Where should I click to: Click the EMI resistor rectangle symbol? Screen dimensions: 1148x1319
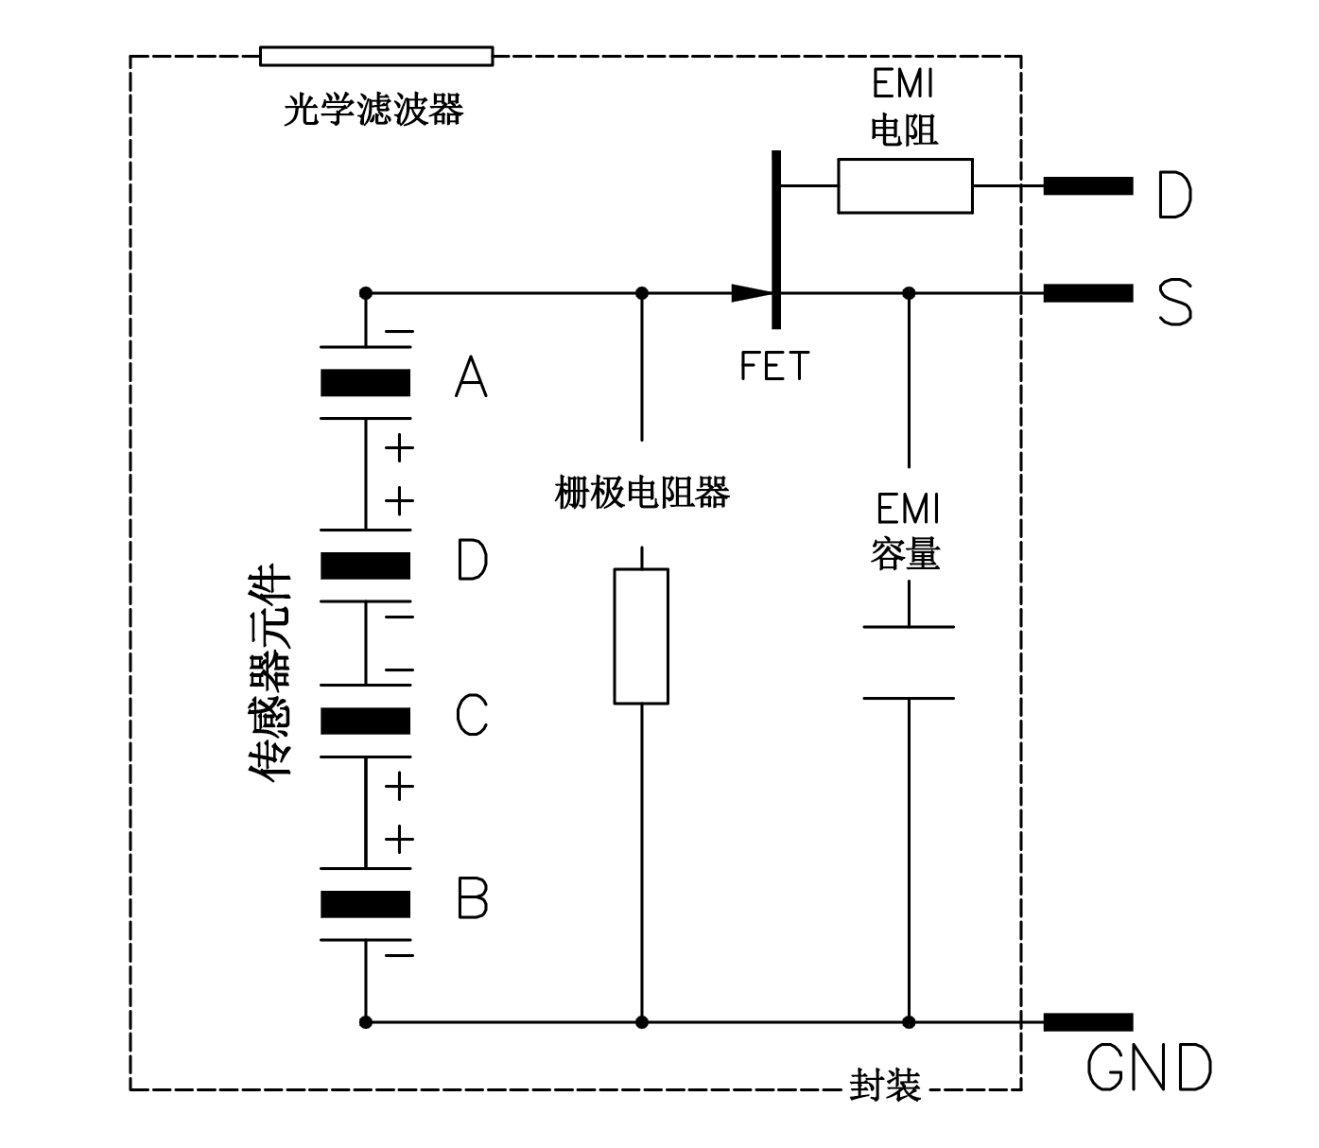pyautogui.click(x=905, y=186)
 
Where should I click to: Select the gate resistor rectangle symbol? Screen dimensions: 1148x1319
pyautogui.click(x=641, y=636)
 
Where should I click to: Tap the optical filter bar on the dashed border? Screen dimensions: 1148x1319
pyautogui.click(x=376, y=57)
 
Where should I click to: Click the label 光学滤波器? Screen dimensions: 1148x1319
pyautogui.click(x=373, y=111)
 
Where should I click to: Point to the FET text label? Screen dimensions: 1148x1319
pyautogui.click(x=774, y=367)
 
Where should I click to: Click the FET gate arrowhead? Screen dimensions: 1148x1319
pyautogui.click(x=751, y=293)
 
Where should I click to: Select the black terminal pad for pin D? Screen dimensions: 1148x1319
pyautogui.click(x=1087, y=186)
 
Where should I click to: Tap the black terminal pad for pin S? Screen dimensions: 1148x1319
pyautogui.click(x=1087, y=293)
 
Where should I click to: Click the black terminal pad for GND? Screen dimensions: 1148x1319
pyautogui.click(x=1087, y=1022)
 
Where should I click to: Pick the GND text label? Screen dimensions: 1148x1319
pyautogui.click(x=1149, y=1069)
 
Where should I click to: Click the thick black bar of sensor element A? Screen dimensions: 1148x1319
pyautogui.click(x=365, y=383)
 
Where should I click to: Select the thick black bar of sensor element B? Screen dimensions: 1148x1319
pyautogui.click(x=365, y=905)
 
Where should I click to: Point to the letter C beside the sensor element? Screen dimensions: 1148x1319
pyautogui.click(x=472, y=715)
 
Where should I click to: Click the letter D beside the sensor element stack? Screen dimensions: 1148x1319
pyautogui.click(x=472, y=560)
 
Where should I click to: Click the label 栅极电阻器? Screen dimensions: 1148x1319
pyautogui.click(x=642, y=493)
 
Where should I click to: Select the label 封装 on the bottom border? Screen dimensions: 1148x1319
pyautogui.click(x=885, y=1086)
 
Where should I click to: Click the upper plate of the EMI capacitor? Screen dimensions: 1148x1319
pyautogui.click(x=909, y=626)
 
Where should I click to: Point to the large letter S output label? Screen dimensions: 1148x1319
pyautogui.click(x=1175, y=303)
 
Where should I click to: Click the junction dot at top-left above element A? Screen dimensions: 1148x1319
pyautogui.click(x=366, y=293)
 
